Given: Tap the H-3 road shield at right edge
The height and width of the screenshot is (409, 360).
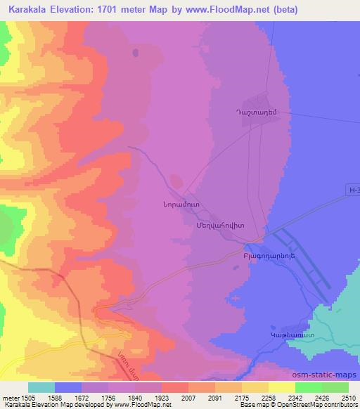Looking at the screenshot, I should tap(354, 189).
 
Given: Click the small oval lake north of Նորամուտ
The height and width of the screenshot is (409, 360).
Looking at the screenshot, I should tap(174, 178).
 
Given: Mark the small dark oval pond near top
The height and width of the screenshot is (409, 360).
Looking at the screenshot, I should tap(135, 52).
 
